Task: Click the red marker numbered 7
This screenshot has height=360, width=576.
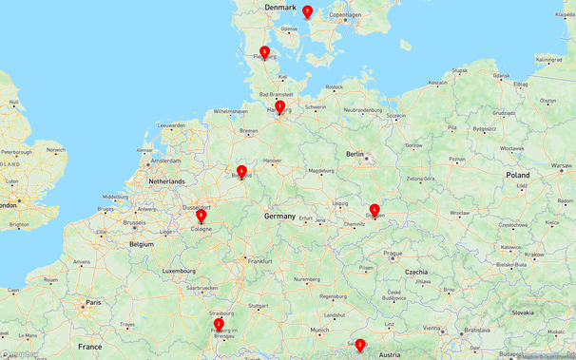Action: (307, 11)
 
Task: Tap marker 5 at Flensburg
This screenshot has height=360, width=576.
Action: (264, 52)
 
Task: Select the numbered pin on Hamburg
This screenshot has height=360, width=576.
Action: (279, 107)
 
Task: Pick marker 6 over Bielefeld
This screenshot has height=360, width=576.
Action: (242, 171)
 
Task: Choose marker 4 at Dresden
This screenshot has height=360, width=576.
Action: (374, 210)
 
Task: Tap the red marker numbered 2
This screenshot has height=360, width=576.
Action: (219, 324)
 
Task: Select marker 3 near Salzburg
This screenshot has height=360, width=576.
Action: (360, 345)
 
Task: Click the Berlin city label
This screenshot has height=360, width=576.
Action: (355, 153)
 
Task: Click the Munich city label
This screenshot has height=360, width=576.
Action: (319, 330)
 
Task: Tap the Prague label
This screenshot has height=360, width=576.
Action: (394, 254)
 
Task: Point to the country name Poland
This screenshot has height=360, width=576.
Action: (518, 176)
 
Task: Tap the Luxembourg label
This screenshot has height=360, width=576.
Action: (179, 271)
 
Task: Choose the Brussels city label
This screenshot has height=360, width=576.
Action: (135, 220)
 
